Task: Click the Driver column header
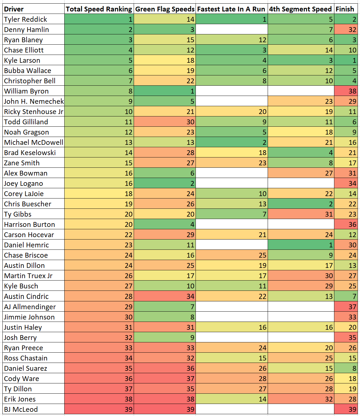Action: [x=14, y=9]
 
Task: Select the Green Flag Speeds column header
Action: [x=165, y=9]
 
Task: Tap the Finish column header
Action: [x=345, y=9]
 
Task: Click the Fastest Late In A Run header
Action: [x=231, y=9]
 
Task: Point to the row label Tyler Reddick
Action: [x=26, y=19]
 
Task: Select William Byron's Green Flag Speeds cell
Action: [x=165, y=91]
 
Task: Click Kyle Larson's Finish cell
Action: [x=346, y=60]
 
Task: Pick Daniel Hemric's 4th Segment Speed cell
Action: [x=301, y=245]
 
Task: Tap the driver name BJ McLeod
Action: [x=21, y=409]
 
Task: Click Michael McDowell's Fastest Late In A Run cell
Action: [x=231, y=142]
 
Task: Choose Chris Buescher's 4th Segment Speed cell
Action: [x=301, y=204]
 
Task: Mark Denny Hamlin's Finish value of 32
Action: [x=346, y=30]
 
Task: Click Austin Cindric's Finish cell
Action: [x=346, y=296]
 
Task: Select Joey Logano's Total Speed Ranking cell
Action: [x=99, y=183]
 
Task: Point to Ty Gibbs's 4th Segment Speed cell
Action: [x=301, y=214]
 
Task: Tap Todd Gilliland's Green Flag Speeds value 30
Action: [x=165, y=122]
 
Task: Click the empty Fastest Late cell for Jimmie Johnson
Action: [x=231, y=317]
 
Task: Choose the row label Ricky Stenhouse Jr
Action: [x=33, y=112]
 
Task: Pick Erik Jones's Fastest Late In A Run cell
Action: [x=231, y=399]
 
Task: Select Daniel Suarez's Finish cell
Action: [x=346, y=368]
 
